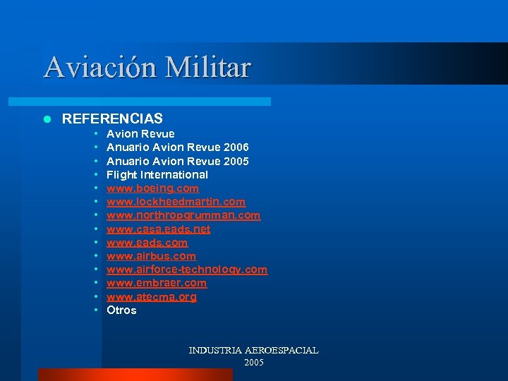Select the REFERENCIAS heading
click(x=112, y=119)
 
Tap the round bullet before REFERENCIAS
click(x=47, y=119)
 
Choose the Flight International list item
click(x=157, y=174)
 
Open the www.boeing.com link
click(x=152, y=188)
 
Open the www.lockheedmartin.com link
click(x=176, y=202)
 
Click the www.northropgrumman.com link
click(x=183, y=215)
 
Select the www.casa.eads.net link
click(x=158, y=229)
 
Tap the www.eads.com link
click(x=147, y=242)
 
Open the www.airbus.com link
click(x=151, y=256)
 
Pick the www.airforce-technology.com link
click(x=187, y=270)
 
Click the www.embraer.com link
click(x=157, y=283)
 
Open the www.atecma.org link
click(x=152, y=297)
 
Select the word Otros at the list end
click(x=121, y=310)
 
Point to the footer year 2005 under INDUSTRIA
click(x=253, y=362)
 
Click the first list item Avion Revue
click(x=140, y=134)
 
